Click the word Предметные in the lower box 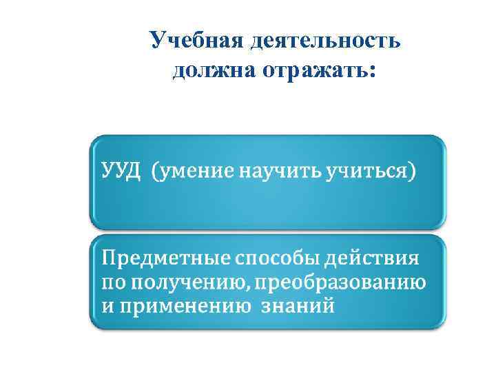[166, 260]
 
